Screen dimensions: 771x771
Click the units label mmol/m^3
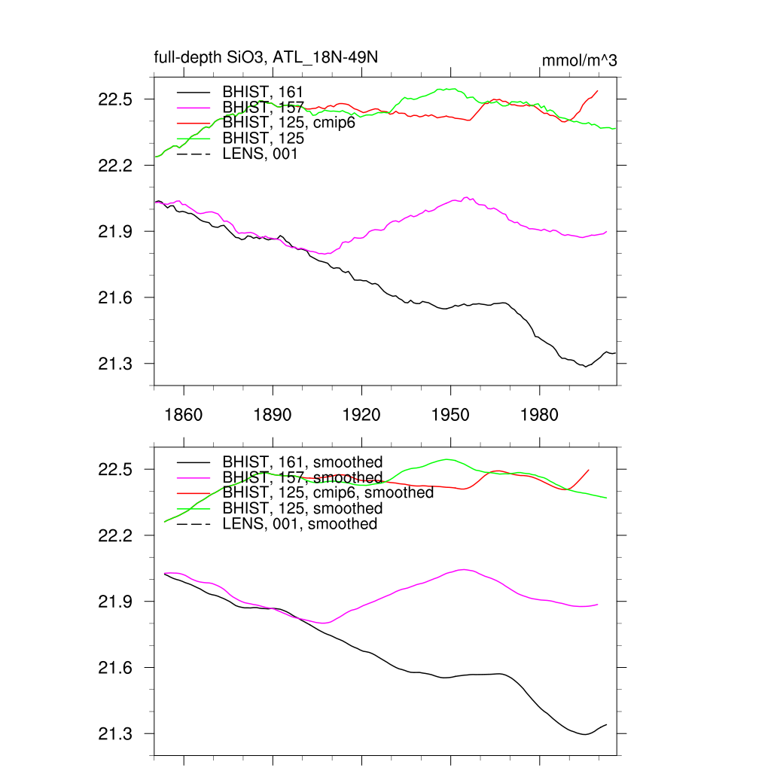(x=580, y=61)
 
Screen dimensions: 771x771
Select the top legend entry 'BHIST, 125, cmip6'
(x=288, y=123)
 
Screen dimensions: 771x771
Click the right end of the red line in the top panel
(x=598, y=91)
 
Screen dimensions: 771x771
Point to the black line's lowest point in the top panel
(x=584, y=367)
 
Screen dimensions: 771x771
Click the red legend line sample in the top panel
(x=194, y=123)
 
